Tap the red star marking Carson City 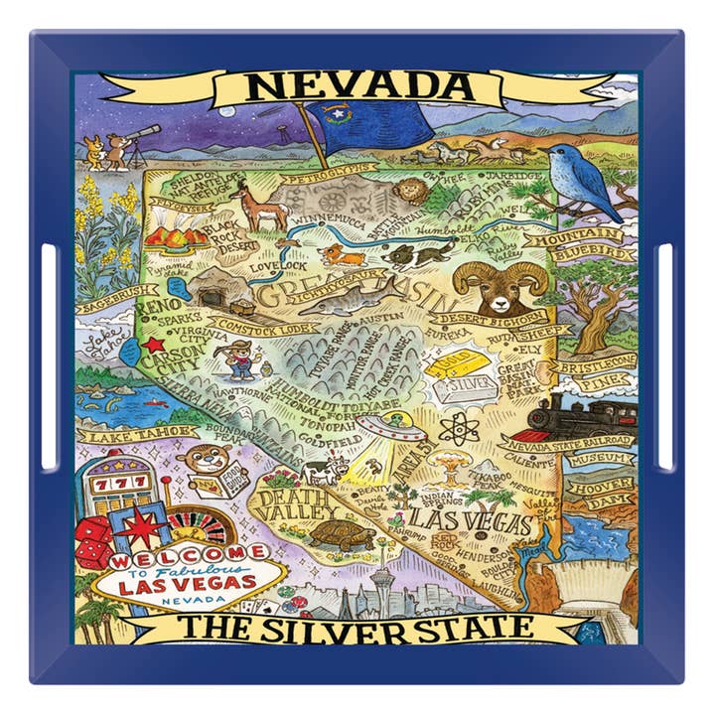click(x=153, y=345)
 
